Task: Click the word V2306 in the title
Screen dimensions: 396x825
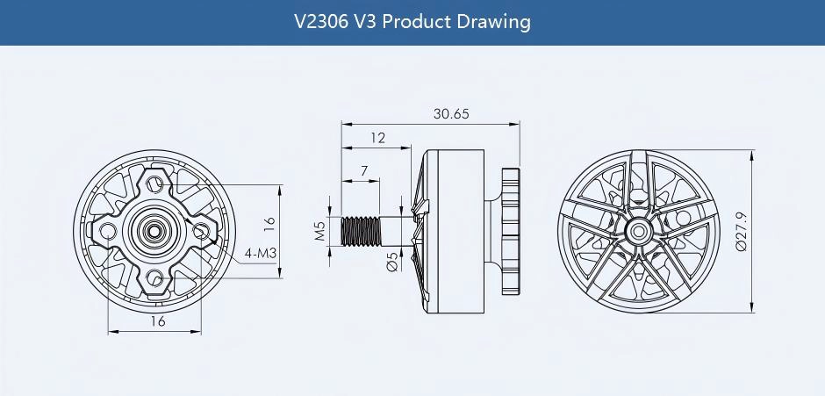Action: click(x=324, y=21)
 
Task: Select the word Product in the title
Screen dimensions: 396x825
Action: click(x=417, y=21)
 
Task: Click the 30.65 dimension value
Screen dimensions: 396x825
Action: click(x=451, y=113)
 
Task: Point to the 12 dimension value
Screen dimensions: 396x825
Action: click(x=377, y=138)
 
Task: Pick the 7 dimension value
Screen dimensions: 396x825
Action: click(x=363, y=170)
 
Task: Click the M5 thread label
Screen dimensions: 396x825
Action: click(x=320, y=231)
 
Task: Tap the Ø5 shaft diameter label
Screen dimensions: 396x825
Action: click(x=391, y=261)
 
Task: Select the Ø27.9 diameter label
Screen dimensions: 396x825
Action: click(x=742, y=232)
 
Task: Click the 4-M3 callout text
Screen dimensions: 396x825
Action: click(x=262, y=253)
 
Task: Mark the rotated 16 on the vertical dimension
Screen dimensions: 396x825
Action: click(x=269, y=224)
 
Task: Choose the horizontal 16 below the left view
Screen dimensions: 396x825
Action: click(x=157, y=321)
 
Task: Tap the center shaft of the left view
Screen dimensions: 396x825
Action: click(x=157, y=231)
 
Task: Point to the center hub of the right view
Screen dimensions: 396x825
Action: click(x=635, y=231)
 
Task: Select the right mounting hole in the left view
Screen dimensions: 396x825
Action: click(x=205, y=230)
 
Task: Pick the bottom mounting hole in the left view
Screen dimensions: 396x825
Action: click(x=156, y=279)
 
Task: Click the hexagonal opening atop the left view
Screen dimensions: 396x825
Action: click(x=156, y=183)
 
